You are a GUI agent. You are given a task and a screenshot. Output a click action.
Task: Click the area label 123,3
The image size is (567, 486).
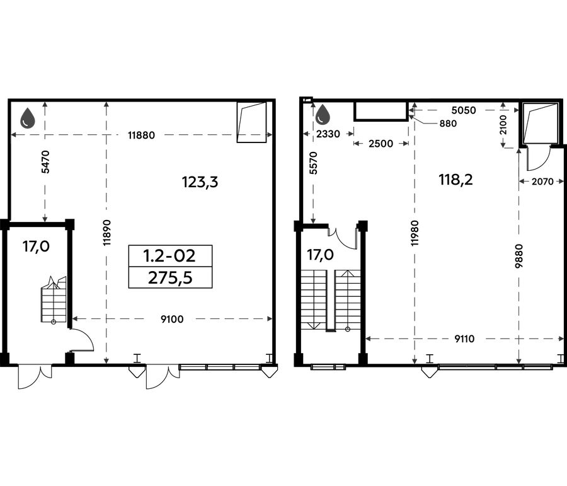tap(200, 182)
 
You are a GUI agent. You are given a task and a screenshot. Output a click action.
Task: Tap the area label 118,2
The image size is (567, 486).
tap(455, 180)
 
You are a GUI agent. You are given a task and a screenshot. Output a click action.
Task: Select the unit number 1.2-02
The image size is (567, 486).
tap(169, 256)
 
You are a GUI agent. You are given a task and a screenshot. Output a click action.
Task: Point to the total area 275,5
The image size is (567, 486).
tap(170, 278)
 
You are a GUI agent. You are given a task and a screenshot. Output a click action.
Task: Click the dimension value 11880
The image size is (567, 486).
tap(141, 136)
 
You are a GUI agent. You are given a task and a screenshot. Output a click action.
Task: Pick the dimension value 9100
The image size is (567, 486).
tap(172, 319)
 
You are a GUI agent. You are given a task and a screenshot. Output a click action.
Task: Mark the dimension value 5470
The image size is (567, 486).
tap(45, 162)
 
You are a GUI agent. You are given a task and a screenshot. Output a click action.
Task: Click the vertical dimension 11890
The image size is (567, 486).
tap(106, 233)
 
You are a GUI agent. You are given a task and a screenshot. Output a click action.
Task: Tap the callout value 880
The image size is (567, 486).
tap(448, 124)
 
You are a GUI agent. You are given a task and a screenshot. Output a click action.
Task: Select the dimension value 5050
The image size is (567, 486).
tap(464, 110)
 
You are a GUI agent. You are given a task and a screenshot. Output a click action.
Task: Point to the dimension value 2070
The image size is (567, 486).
tap(542, 182)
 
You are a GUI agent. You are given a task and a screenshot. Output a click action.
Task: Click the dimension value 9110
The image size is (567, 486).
tap(464, 339)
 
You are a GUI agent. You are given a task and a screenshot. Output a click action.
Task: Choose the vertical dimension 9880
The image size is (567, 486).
tap(519, 256)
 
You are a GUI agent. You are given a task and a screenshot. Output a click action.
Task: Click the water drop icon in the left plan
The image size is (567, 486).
tap(28, 118)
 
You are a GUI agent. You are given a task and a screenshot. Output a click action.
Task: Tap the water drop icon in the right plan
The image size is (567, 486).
tap(323, 115)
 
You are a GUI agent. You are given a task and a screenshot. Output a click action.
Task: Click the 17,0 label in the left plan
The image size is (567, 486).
tap(36, 246)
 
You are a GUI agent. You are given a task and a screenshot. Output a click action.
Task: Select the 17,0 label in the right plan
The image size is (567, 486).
tap(321, 255)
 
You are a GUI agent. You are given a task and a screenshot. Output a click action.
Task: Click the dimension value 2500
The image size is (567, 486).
tap(381, 144)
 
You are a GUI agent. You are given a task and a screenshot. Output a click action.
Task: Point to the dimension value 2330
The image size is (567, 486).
tap(328, 134)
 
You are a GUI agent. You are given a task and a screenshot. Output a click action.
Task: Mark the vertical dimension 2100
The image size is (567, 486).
tap(503, 125)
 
